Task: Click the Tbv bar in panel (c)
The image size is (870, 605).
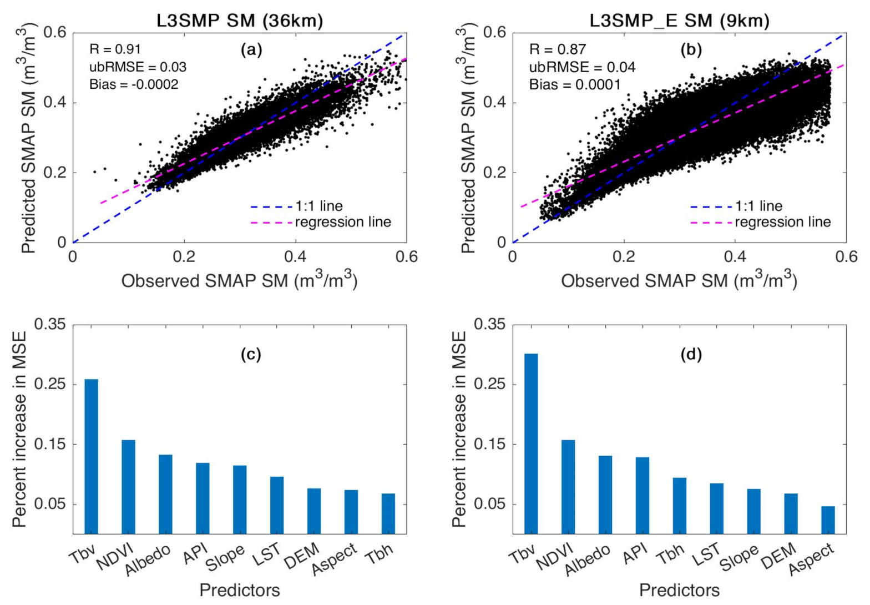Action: (91, 456)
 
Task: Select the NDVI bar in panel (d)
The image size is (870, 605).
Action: (568, 487)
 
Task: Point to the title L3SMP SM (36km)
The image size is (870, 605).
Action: (239, 21)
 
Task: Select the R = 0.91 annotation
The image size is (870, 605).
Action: (115, 49)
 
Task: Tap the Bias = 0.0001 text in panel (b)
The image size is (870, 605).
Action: (575, 84)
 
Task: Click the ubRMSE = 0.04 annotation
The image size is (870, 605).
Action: (582, 67)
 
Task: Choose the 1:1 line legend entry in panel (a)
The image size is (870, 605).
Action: (297, 206)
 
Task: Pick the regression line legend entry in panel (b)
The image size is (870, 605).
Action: (761, 223)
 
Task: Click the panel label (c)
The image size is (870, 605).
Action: (250, 354)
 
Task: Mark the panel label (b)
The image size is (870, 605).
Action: (691, 50)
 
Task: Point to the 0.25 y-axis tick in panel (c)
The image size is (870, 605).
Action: (50, 385)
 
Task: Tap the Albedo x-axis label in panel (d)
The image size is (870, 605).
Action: (588, 559)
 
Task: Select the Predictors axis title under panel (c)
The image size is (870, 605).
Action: (239, 589)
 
